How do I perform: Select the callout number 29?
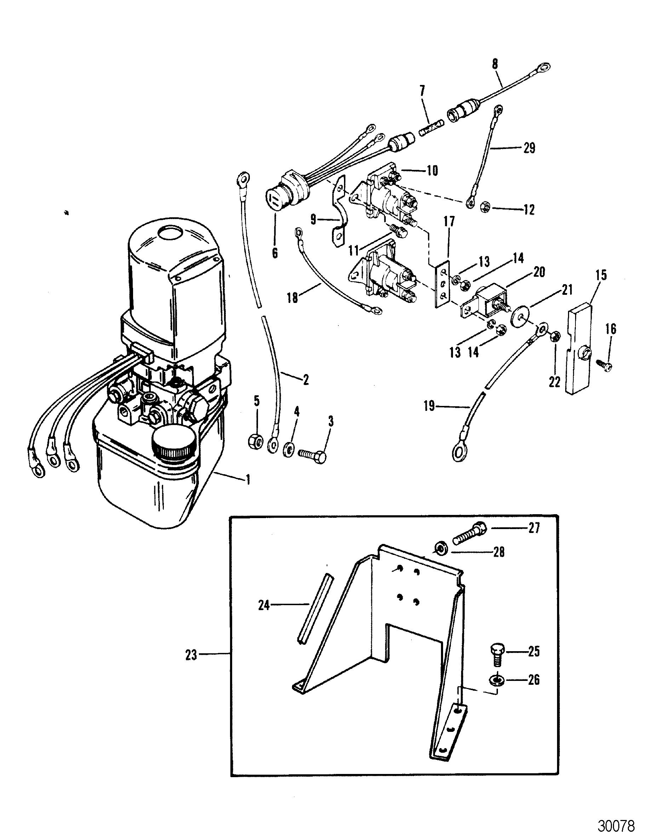[529, 148]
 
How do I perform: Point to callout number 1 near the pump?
[248, 479]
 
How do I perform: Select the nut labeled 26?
[497, 680]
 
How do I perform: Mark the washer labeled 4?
[289, 448]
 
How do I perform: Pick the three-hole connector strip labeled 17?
[443, 284]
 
